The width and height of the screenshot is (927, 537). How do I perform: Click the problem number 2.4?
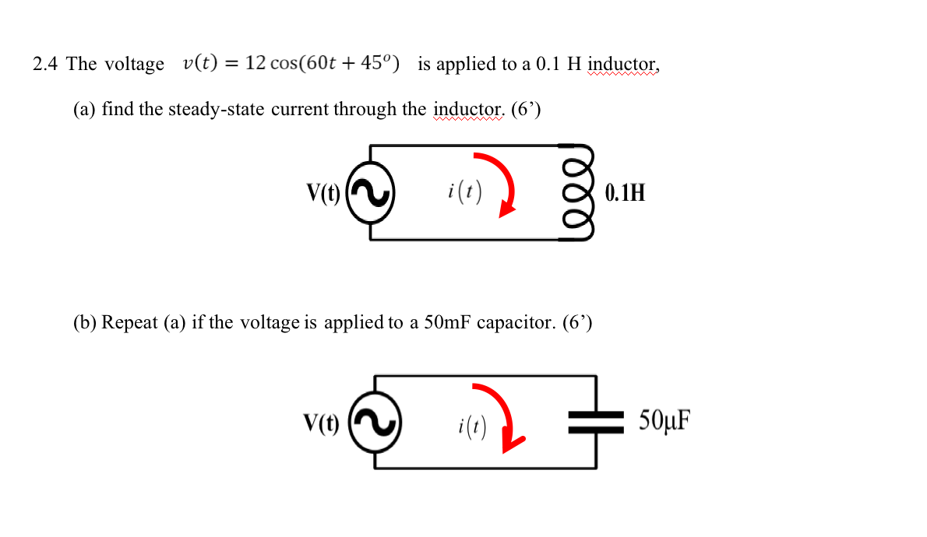[x=45, y=64]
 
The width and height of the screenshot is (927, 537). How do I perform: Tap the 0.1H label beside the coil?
[x=625, y=193]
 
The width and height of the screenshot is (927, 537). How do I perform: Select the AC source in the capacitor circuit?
[x=375, y=423]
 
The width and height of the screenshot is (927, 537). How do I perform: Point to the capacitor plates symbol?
[x=596, y=423]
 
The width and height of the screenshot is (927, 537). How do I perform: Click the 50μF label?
[x=664, y=420]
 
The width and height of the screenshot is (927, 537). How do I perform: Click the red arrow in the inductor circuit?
[x=499, y=184]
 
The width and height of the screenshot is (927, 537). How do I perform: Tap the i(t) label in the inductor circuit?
[x=465, y=190]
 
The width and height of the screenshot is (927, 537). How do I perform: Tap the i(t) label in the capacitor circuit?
[x=472, y=425]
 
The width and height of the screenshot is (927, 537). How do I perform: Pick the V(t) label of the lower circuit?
[x=322, y=423]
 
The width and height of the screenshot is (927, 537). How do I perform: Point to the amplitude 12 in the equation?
[x=256, y=63]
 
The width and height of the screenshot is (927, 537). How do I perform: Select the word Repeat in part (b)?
[x=130, y=322]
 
